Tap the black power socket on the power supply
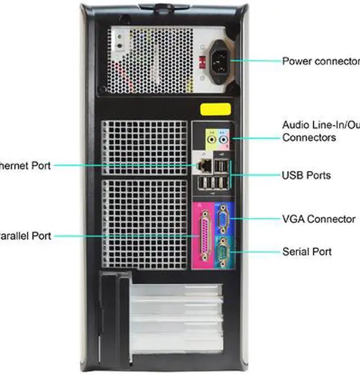coord(220,58)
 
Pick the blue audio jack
coord(224,137)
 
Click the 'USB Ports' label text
coord(306,175)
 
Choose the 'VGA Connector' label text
coord(318,219)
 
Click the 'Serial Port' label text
coord(307,251)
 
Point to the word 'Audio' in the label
coord(295,124)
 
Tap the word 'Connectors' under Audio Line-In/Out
coord(309,137)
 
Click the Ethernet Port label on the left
coord(25,165)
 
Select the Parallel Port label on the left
coord(25,236)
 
